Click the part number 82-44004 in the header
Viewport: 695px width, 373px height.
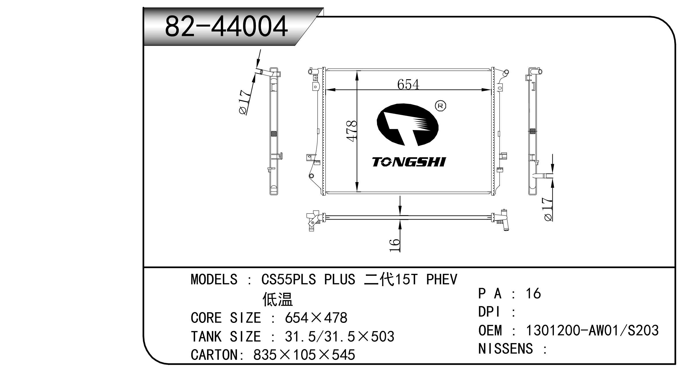[x=226, y=26]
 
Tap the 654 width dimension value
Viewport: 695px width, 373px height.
[x=408, y=84]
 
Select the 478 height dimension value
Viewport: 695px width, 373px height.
[x=352, y=131]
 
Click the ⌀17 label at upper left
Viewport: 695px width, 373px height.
[x=246, y=102]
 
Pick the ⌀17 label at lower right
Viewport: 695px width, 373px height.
[x=548, y=209]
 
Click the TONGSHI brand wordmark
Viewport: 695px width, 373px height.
[x=409, y=162]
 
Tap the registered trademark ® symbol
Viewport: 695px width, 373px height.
[x=440, y=106]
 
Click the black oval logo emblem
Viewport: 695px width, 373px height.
[x=408, y=125]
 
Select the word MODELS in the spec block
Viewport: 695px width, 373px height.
[x=214, y=279]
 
